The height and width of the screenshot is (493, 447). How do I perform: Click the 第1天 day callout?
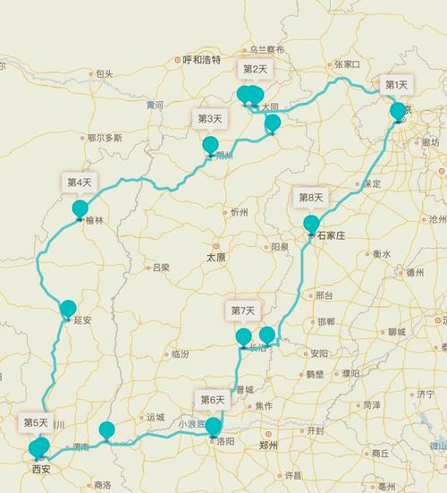tap(396, 85)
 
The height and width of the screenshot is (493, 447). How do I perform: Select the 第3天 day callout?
tap(209, 119)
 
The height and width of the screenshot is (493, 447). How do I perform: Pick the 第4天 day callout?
tap(80, 183)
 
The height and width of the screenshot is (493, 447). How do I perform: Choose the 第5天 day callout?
tap(37, 422)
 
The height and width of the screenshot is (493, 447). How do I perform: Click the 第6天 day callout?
tap(213, 400)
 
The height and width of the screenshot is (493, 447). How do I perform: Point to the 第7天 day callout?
tap(243, 310)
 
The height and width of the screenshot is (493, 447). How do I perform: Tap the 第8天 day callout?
tap(311, 198)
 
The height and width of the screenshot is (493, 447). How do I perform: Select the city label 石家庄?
tap(331, 235)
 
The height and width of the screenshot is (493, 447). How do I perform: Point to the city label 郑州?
tap(268, 444)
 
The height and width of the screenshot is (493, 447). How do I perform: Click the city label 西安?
tap(41, 467)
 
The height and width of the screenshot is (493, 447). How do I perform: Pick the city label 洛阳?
tap(223, 441)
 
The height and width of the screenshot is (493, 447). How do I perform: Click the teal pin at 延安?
tap(68, 310)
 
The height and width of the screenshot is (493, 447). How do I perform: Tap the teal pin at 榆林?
tap(80, 209)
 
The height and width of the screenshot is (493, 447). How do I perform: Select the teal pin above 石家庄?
tap(311, 224)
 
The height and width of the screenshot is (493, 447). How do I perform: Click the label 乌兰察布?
tap(266, 49)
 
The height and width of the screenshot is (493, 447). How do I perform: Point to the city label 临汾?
tap(180, 353)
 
